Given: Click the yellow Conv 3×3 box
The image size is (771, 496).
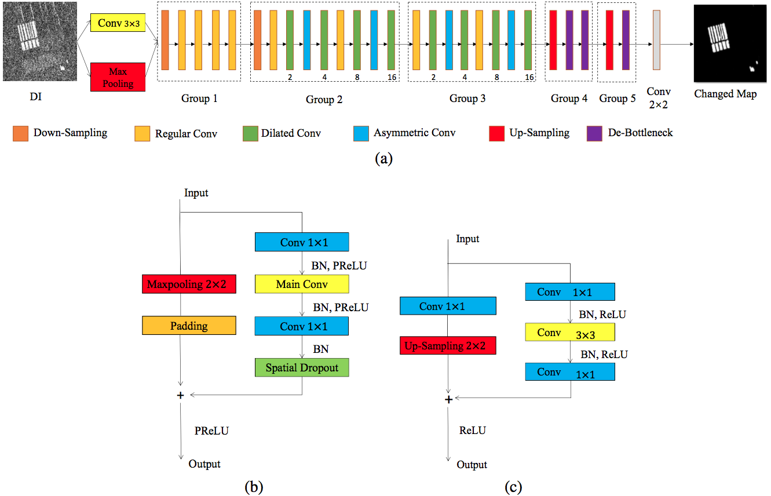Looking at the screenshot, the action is pyautogui.click(x=118, y=23).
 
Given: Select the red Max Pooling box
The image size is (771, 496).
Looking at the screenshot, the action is pyautogui.click(x=118, y=77).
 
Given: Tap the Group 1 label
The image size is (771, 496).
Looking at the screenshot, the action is pyautogui.click(x=199, y=99).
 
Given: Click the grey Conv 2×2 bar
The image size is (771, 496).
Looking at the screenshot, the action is pyautogui.click(x=656, y=40).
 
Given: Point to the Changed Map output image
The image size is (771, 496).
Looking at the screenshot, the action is pyautogui.click(x=730, y=43).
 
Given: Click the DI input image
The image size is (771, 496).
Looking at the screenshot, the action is pyautogui.click(x=40, y=41).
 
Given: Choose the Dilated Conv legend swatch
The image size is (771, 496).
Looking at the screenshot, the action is pyautogui.click(x=250, y=133).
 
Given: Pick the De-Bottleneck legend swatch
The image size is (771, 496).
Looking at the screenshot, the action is pyautogui.click(x=594, y=133).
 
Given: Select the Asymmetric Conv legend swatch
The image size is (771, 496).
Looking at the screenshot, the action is pyautogui.click(x=361, y=133).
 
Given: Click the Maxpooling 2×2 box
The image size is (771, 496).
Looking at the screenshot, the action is pyautogui.click(x=189, y=284).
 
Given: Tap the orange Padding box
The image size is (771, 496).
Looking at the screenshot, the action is pyautogui.click(x=189, y=325).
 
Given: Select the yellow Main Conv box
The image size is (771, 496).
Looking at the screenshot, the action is pyautogui.click(x=302, y=284).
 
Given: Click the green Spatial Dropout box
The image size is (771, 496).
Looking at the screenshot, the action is pyautogui.click(x=302, y=367).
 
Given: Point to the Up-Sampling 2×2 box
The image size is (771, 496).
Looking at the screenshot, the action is pyautogui.click(x=448, y=345).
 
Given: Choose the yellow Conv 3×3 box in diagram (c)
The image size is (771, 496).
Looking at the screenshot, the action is pyautogui.click(x=570, y=332).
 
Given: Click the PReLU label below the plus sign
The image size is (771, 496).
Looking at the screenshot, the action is pyautogui.click(x=211, y=431).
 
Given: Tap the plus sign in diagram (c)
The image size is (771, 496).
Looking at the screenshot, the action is pyautogui.click(x=448, y=399).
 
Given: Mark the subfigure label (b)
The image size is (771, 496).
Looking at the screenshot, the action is pyautogui.click(x=254, y=487).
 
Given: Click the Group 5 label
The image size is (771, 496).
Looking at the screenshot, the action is pyautogui.click(x=617, y=99).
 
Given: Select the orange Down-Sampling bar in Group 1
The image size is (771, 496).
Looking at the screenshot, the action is pyautogui.click(x=165, y=40).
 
